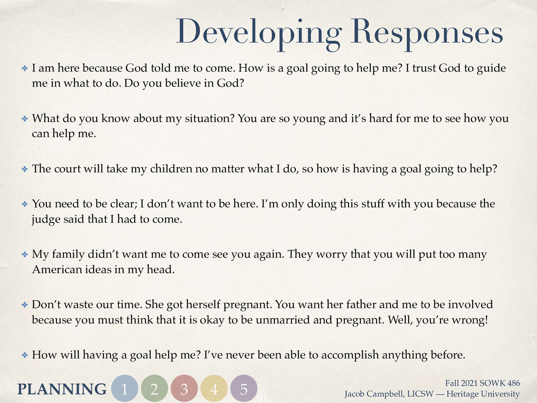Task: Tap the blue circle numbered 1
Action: tap(125, 389)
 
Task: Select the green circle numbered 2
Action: tap(154, 389)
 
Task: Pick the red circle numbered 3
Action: tap(184, 389)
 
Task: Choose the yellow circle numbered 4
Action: tap(214, 389)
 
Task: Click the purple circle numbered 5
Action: tap(244, 389)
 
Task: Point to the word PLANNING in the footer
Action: tap(62, 389)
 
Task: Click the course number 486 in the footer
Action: tap(514, 383)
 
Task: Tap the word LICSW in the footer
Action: tap(420, 394)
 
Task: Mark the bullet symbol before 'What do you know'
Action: tap(25, 119)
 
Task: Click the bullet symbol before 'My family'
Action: tap(25, 254)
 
